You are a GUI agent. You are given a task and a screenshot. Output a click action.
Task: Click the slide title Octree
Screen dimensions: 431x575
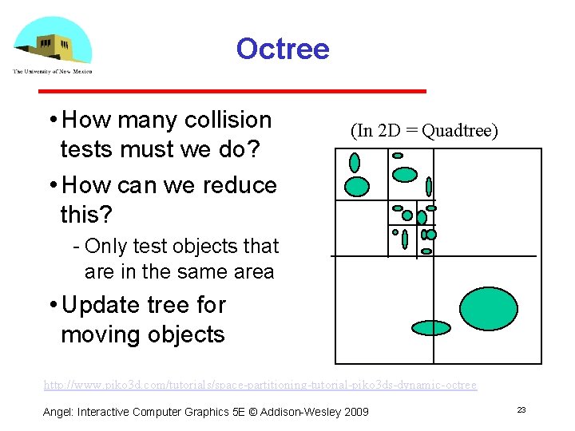[282, 49]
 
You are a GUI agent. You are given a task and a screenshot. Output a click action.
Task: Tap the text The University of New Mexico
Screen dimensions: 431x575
[52, 71]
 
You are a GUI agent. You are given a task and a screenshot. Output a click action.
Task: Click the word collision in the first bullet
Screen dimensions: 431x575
[228, 120]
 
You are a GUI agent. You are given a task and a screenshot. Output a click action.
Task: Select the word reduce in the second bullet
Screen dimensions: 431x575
[238, 185]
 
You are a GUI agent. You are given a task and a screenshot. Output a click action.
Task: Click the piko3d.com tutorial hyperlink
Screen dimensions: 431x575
[260, 385]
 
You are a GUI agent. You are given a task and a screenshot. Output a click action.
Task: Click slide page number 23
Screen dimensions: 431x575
[521, 409]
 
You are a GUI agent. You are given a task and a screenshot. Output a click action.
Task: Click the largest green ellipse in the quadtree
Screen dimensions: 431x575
[489, 306]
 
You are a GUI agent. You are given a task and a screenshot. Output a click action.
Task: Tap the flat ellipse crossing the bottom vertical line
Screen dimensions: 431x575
[431, 327]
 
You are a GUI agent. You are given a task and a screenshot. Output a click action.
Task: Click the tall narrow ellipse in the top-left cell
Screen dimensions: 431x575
[355, 163]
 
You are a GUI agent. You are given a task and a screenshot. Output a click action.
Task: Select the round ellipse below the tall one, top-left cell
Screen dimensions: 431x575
[356, 187]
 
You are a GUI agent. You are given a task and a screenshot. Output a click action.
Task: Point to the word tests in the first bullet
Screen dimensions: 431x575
[89, 149]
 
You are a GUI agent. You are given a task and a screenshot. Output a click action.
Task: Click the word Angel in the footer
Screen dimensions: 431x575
[57, 411]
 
